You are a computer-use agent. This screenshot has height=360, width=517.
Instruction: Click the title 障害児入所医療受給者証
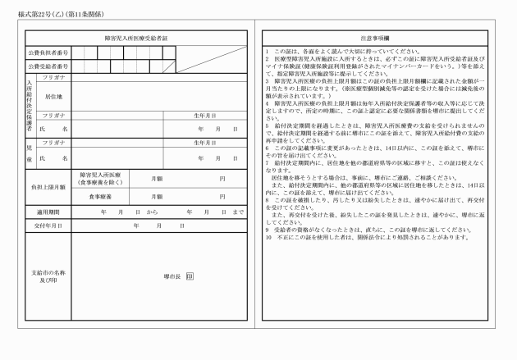click(x=136, y=38)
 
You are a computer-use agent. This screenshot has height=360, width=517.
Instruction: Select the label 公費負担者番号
click(x=47, y=52)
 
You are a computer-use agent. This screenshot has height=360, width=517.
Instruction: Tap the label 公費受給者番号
click(x=47, y=66)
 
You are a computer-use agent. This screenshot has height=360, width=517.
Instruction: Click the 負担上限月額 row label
click(x=47, y=187)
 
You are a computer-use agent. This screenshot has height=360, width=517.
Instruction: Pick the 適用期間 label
click(x=47, y=212)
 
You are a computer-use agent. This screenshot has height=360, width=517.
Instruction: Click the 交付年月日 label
click(x=47, y=225)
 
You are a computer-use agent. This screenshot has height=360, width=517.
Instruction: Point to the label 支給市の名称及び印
click(x=47, y=277)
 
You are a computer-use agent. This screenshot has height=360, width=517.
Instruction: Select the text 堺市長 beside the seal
click(x=172, y=277)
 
